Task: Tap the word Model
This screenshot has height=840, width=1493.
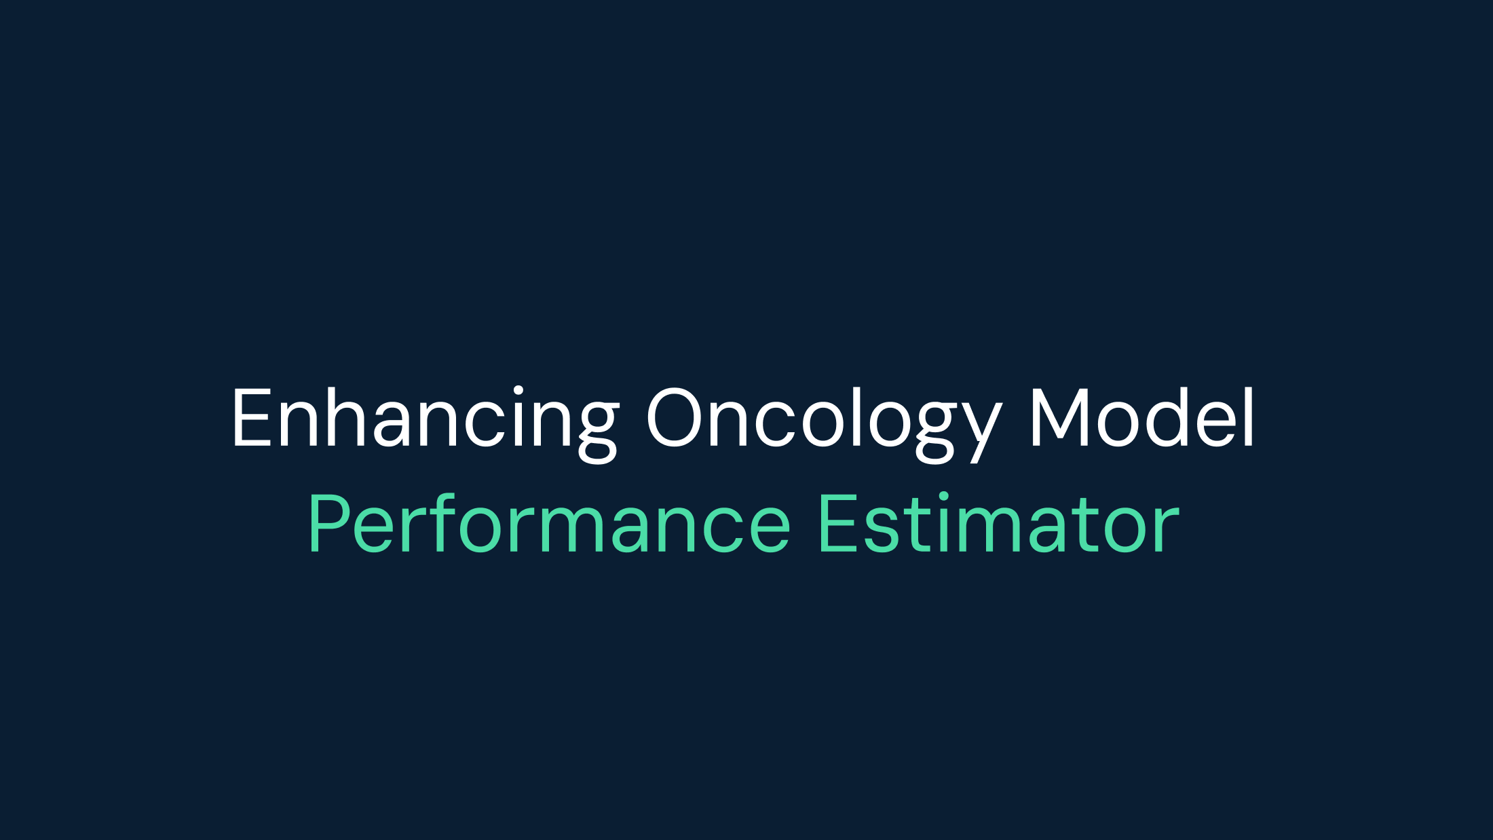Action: (1142, 418)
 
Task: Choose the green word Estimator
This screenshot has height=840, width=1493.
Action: (998, 524)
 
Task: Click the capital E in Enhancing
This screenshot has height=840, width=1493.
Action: (251, 418)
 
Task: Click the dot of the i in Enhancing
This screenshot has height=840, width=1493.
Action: (518, 390)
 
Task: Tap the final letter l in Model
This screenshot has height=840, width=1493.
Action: (1249, 417)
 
